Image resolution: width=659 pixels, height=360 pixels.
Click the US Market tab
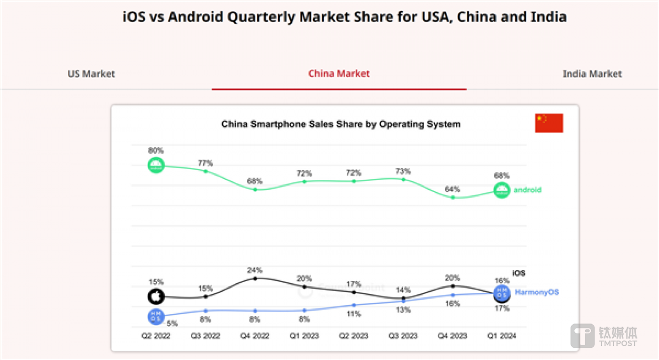pyautogui.click(x=92, y=74)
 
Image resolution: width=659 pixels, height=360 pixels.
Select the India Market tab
pyautogui.click(x=592, y=74)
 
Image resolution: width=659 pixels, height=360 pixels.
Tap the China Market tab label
pyautogui.click(x=339, y=74)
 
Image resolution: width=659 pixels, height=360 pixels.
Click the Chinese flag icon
pyautogui.click(x=549, y=123)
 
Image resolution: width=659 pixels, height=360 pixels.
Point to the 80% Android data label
pyautogui.click(x=156, y=150)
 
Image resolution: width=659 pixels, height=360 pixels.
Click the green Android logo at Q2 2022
pyautogui.click(x=156, y=165)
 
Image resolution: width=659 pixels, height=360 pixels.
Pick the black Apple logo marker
pyautogui.click(x=156, y=296)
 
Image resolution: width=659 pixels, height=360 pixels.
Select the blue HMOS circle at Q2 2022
pyautogui.click(x=156, y=316)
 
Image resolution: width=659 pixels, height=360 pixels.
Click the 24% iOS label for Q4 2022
pyautogui.click(x=255, y=270)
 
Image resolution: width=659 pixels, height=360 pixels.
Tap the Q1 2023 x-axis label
pyautogui.click(x=304, y=336)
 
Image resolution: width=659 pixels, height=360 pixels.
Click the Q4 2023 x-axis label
pyautogui.click(x=453, y=336)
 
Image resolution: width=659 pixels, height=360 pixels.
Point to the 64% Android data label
pyautogui.click(x=453, y=189)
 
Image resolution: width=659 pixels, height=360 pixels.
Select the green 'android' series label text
pyautogui.click(x=527, y=190)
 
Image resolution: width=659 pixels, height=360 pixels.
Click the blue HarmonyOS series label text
pyautogui.click(x=537, y=292)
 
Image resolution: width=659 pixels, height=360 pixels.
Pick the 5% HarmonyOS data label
pyautogui.click(x=172, y=323)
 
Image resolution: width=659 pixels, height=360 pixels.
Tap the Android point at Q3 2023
pyautogui.click(x=403, y=179)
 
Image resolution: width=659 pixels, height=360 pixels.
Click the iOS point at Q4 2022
pyautogui.click(x=255, y=278)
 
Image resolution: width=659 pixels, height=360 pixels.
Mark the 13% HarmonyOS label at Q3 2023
pyautogui.click(x=403, y=310)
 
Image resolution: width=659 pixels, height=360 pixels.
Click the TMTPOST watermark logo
pyautogui.click(x=604, y=336)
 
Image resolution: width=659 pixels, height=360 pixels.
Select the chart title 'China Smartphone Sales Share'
pyautogui.click(x=341, y=124)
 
